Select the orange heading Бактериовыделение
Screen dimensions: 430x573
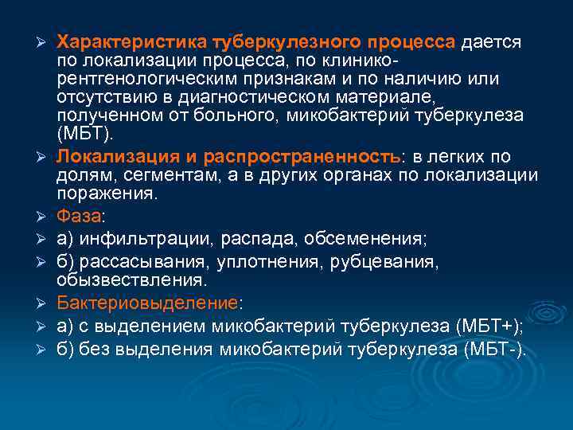[x=147, y=303]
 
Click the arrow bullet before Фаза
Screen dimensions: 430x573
[x=45, y=217]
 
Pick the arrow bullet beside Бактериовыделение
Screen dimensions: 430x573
[x=45, y=303]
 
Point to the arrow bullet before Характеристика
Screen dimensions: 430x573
[x=45, y=41]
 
